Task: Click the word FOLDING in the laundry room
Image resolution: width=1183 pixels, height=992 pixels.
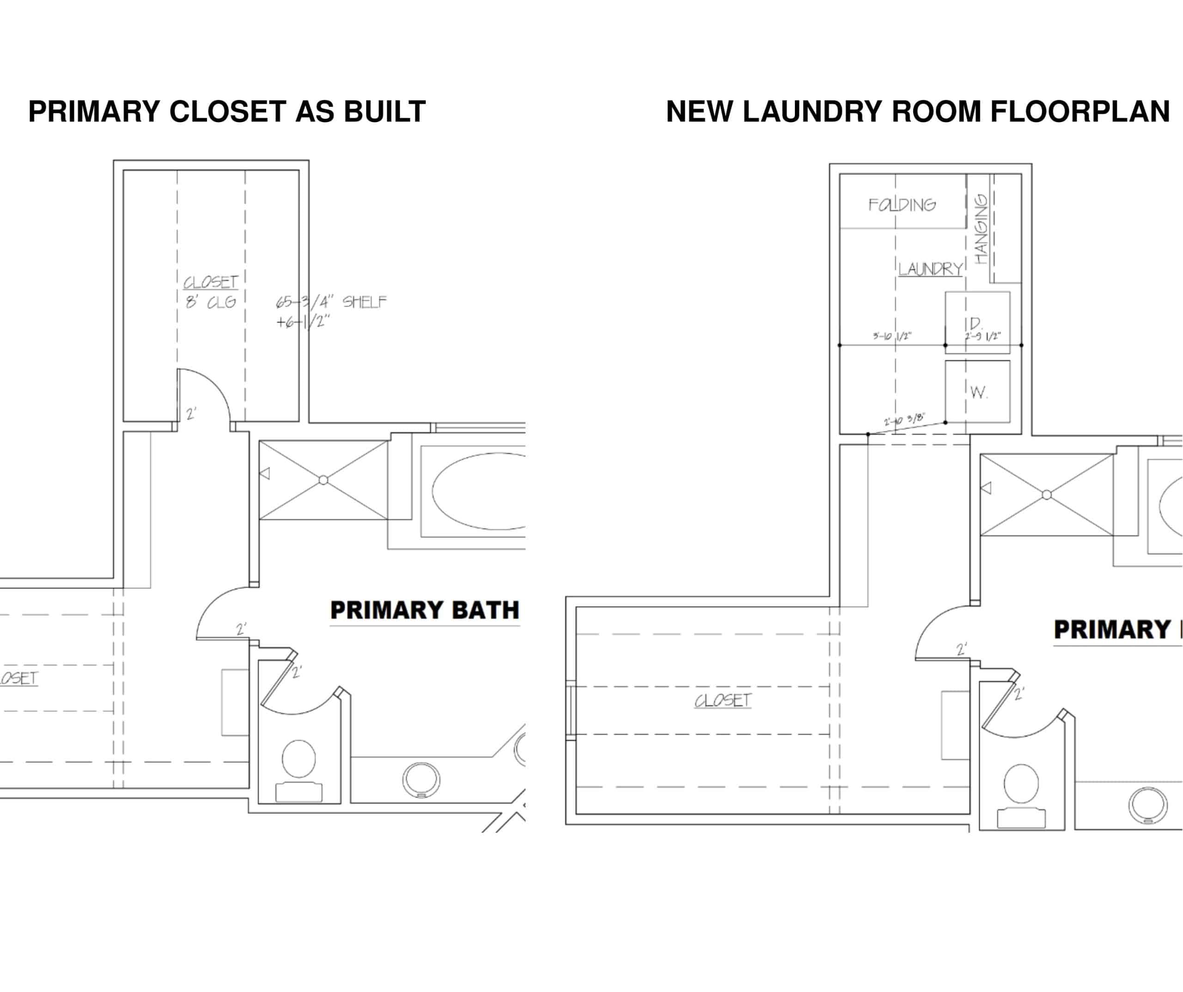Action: point(902,205)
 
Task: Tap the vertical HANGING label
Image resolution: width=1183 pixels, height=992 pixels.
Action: point(982,229)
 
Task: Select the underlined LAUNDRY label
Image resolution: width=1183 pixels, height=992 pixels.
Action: point(930,269)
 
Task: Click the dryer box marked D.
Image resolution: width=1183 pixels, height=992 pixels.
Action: point(977,322)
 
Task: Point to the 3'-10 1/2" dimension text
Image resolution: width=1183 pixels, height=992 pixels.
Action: point(892,337)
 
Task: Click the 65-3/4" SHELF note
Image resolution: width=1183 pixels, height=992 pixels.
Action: point(331,303)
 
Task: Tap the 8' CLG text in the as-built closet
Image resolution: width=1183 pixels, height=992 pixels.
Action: point(211,303)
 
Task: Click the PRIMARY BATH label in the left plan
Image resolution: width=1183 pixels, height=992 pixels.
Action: point(424,611)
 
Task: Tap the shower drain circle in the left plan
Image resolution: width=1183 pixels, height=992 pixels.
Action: point(323,480)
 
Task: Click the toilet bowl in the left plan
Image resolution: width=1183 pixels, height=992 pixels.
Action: point(299,759)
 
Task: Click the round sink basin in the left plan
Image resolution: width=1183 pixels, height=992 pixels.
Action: point(421,779)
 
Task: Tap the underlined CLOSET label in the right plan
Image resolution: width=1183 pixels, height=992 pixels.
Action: point(723,701)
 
